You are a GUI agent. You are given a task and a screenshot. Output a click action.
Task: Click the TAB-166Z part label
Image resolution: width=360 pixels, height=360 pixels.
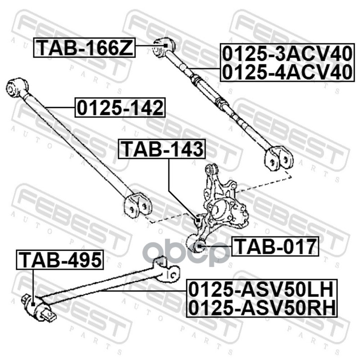click(85, 47)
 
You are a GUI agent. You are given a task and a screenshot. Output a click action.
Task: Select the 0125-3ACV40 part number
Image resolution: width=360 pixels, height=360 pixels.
click(284, 54)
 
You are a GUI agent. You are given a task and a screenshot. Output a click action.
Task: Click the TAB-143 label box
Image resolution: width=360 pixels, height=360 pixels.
click(162, 149)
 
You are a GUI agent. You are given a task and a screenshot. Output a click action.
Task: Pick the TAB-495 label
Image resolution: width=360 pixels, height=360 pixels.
click(59, 260)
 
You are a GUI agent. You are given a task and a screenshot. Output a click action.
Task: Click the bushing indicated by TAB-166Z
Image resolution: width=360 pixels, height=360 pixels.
click(163, 46)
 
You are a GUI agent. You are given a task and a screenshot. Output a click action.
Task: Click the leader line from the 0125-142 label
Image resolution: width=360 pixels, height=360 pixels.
click(61, 108)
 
